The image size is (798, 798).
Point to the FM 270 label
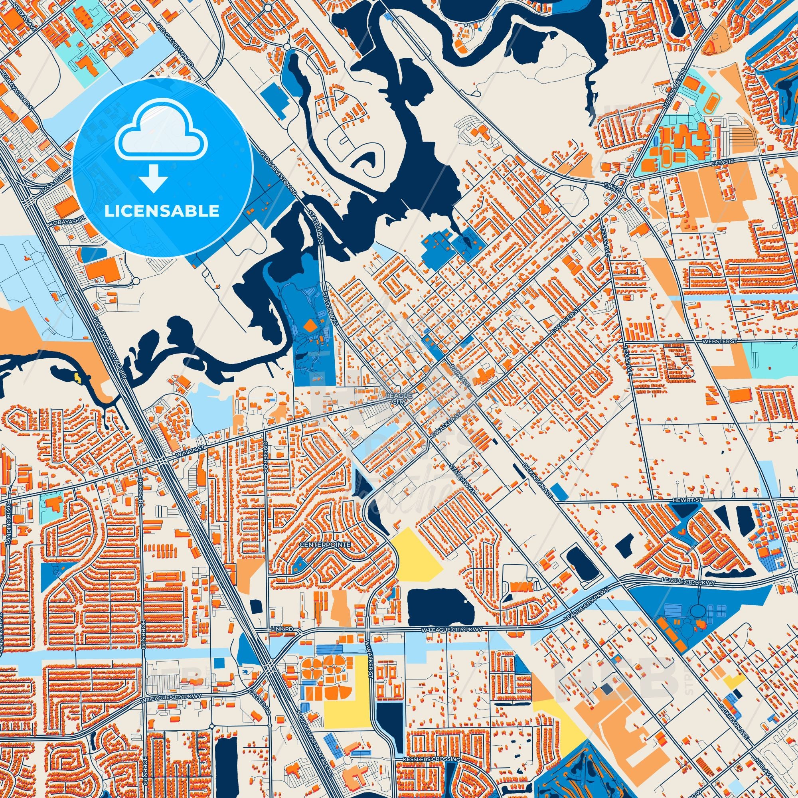615,190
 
